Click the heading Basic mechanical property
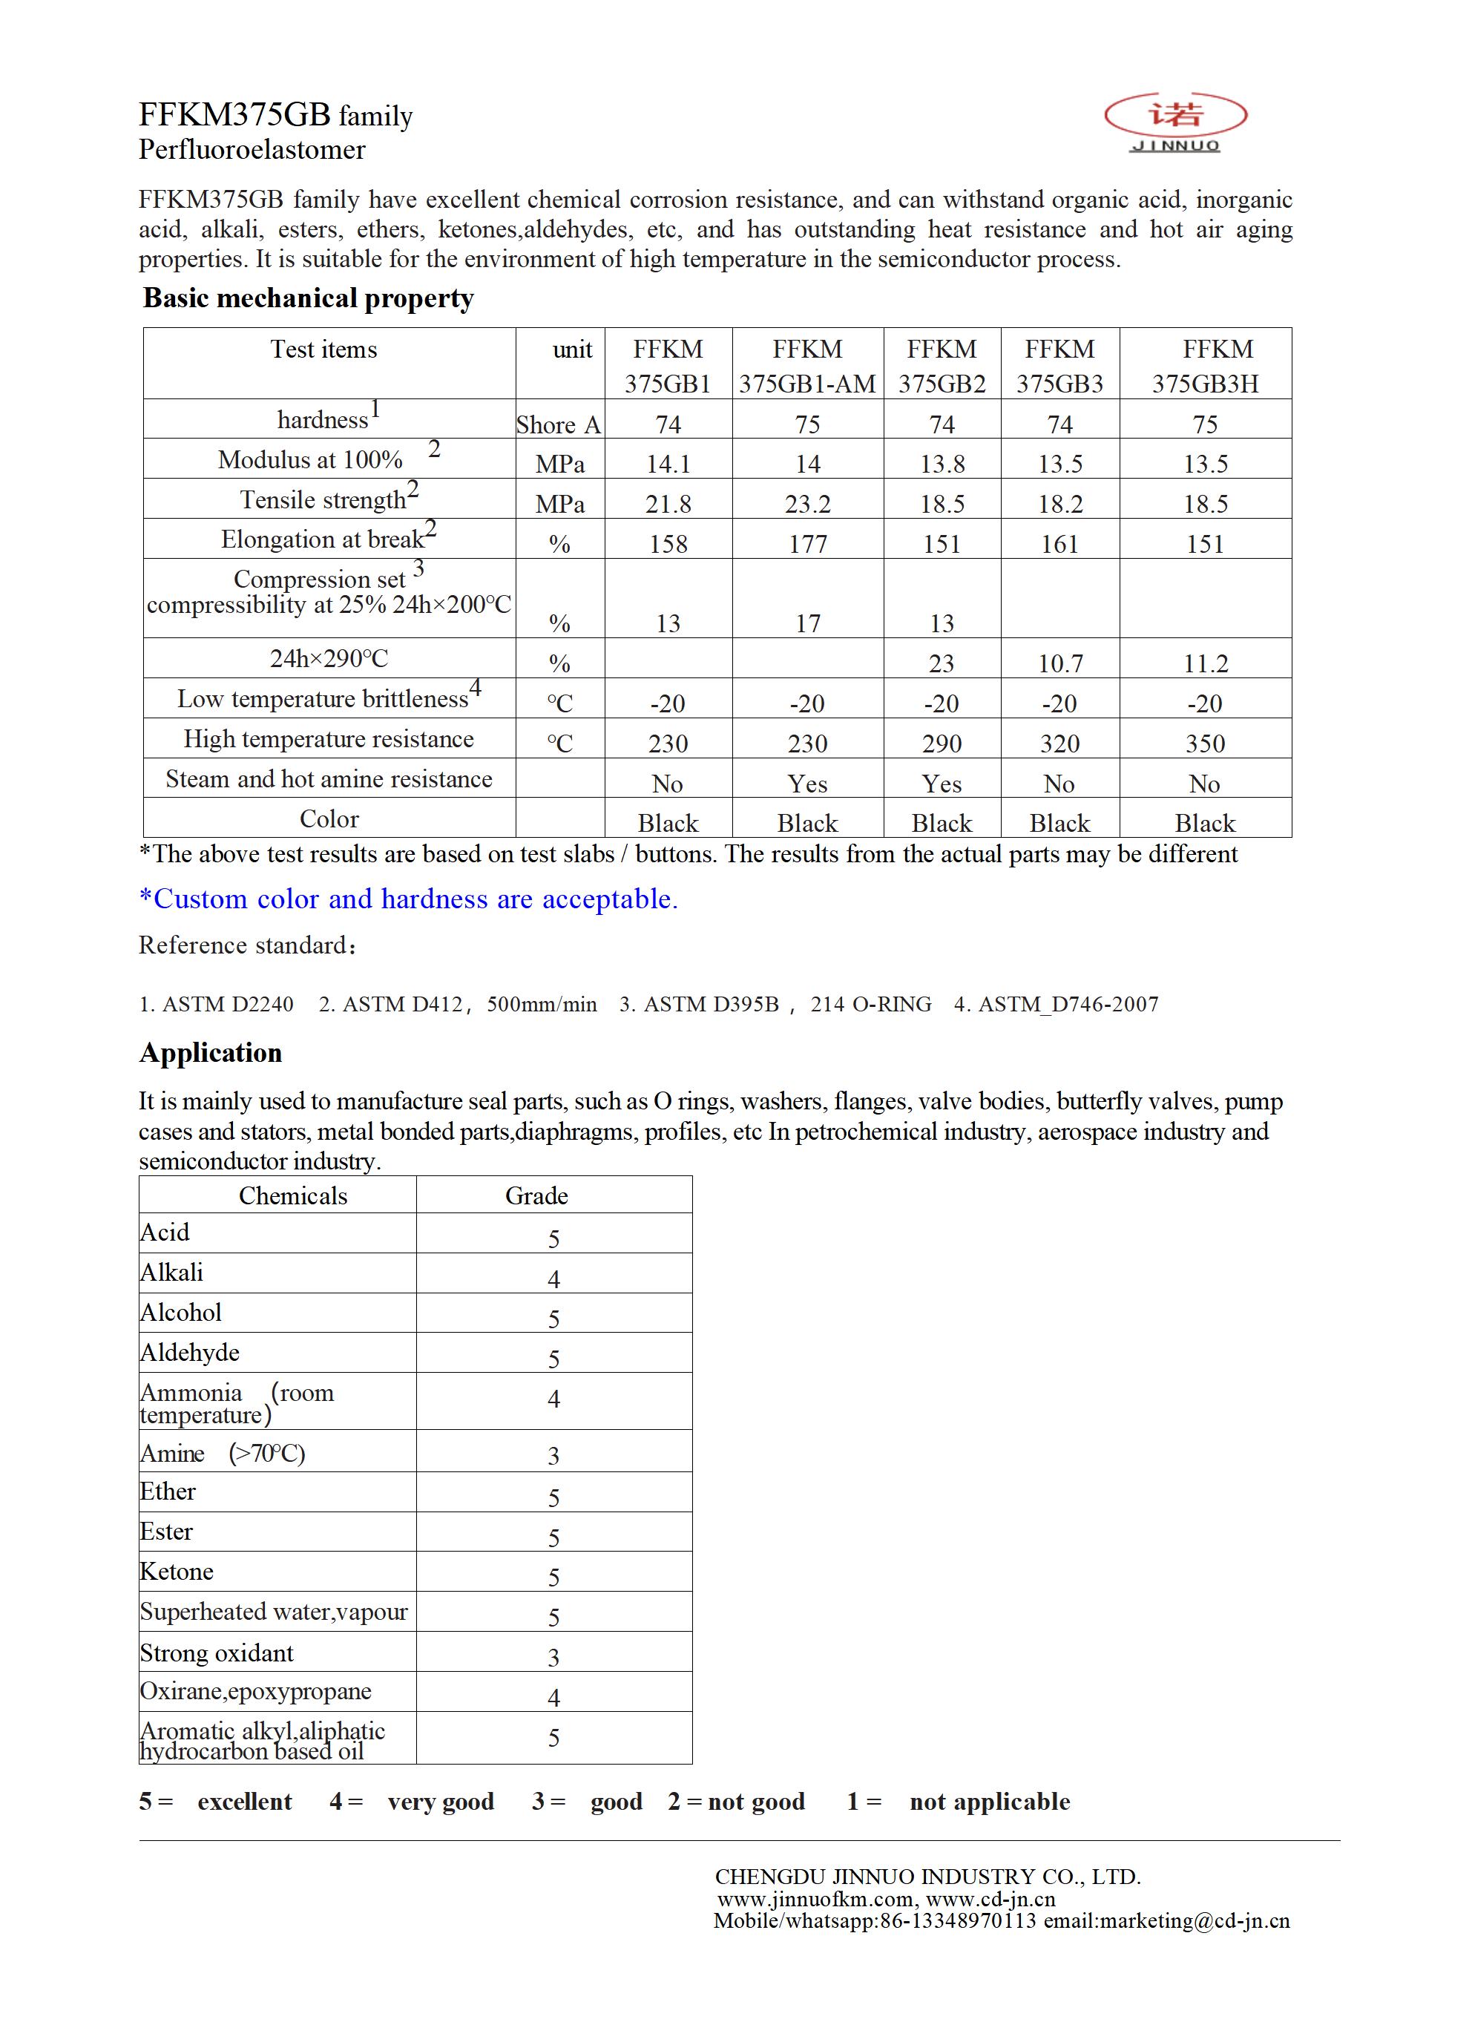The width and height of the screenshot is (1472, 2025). [308, 298]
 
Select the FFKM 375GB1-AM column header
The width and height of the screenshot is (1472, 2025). [807, 366]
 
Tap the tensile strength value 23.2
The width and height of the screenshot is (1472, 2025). [807, 505]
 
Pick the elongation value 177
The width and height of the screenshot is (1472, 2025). [807, 545]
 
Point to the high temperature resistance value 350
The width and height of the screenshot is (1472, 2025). [1204, 744]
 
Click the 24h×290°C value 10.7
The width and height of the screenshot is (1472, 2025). [1059, 663]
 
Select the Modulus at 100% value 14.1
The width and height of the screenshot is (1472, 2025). [668, 465]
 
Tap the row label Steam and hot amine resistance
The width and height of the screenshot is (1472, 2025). [329, 778]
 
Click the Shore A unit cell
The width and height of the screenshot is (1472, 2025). [559, 425]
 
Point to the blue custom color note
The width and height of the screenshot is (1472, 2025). [408, 899]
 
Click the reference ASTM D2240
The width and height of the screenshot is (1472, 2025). [216, 1005]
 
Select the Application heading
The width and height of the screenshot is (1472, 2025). [210, 1053]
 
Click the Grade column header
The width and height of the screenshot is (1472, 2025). [536, 1195]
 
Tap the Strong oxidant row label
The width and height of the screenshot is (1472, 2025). [217, 1653]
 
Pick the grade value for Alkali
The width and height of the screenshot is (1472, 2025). [553, 1279]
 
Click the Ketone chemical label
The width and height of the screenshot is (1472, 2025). [177, 1572]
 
